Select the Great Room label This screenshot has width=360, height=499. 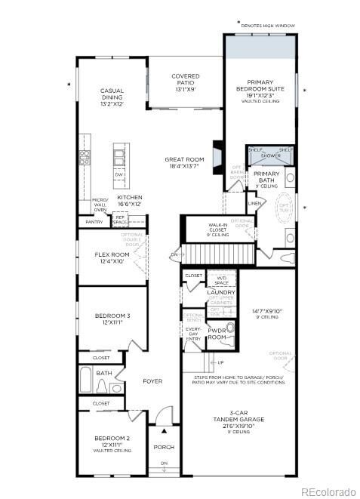pos(185,163)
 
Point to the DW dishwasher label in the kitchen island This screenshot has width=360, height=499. pos(118,174)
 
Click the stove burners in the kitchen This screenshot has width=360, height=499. pos(85,158)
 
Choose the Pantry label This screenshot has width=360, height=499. pos(94,222)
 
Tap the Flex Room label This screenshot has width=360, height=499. pos(112,257)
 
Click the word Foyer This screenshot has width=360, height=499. pos(153,381)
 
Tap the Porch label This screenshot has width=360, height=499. pos(164,447)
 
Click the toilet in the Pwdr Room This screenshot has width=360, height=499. pos(230,329)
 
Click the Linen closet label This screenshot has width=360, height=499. pos(254,203)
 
